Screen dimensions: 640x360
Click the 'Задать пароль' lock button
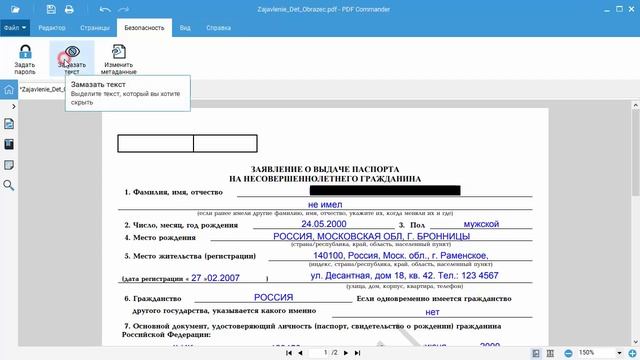point(25,58)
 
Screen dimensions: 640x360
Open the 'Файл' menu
point(15,29)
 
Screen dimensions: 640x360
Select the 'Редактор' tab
point(51,29)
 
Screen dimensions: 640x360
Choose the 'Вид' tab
point(185,29)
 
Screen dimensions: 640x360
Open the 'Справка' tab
point(219,29)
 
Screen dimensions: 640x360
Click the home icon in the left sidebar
point(9,89)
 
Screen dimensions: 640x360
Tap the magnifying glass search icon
point(9,185)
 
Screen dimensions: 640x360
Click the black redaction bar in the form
point(384,190)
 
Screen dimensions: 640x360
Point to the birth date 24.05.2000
point(323,224)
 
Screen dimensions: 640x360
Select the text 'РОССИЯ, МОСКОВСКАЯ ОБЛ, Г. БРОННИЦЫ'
point(371,237)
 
